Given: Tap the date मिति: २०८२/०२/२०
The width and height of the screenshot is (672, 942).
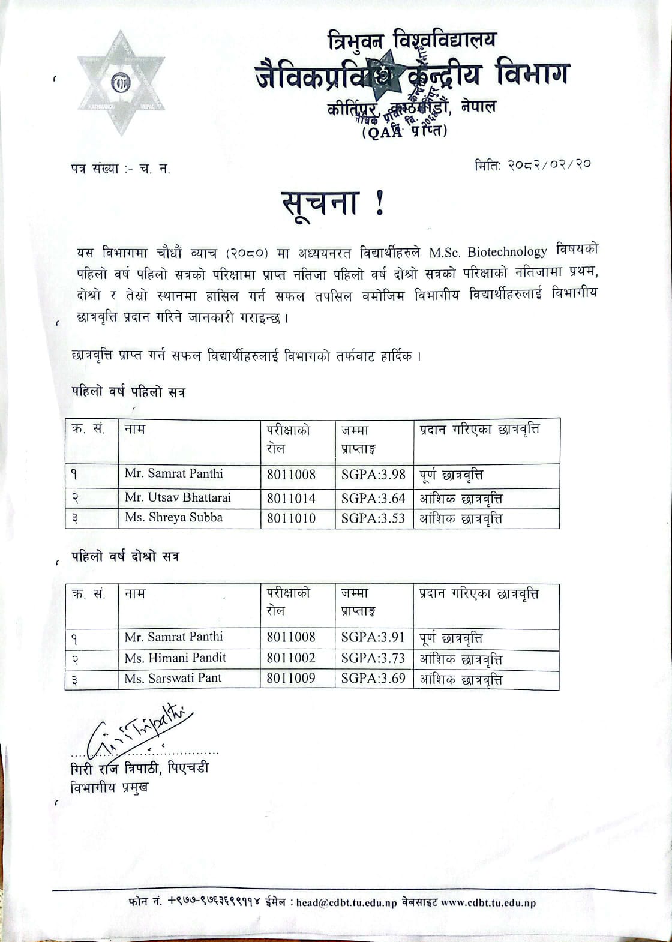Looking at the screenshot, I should [532, 164].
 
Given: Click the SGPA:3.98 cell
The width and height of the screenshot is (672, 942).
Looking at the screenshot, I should [373, 475].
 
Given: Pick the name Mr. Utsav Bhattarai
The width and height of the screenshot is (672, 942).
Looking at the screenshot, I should [178, 497].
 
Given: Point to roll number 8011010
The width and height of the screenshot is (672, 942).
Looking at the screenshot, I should [291, 518].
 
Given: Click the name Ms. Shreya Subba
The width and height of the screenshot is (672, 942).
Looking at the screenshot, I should [173, 517].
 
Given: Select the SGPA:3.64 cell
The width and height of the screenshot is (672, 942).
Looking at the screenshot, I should [373, 499].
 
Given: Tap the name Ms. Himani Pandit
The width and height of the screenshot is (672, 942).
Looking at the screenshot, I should [175, 658].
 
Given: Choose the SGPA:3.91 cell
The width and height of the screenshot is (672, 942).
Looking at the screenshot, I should [373, 637].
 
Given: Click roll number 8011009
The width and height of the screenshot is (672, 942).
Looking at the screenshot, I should [291, 679].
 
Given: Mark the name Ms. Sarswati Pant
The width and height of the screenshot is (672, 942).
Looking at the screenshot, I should [173, 678].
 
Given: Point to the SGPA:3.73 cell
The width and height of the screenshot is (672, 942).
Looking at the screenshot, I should [373, 658].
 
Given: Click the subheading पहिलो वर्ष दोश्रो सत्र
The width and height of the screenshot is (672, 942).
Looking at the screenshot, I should [125, 556].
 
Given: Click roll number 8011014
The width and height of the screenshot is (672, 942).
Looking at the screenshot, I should [291, 499].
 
